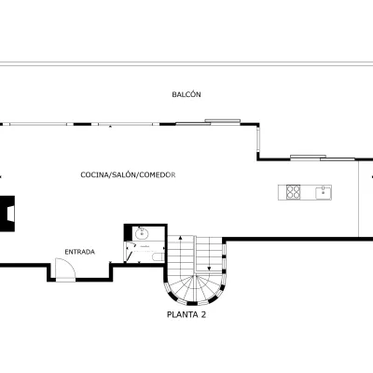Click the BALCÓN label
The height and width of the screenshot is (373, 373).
(186, 94)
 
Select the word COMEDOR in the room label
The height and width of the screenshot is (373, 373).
(158, 174)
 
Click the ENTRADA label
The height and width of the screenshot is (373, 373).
(80, 252)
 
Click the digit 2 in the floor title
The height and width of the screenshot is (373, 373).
(203, 314)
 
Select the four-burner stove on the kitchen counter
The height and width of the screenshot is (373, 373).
(293, 192)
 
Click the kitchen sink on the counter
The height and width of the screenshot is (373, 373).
(324, 193)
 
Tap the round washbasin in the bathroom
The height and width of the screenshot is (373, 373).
(142, 233)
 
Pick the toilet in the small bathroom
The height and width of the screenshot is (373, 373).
(159, 256)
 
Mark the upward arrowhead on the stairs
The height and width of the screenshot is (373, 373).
(180, 238)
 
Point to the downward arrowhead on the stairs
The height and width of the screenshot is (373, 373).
(209, 269)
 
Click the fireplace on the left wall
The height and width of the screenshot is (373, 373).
(7, 214)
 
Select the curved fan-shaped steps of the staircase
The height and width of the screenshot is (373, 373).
(195, 288)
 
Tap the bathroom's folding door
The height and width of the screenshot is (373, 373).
(131, 252)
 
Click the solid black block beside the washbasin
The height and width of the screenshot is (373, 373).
(128, 232)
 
